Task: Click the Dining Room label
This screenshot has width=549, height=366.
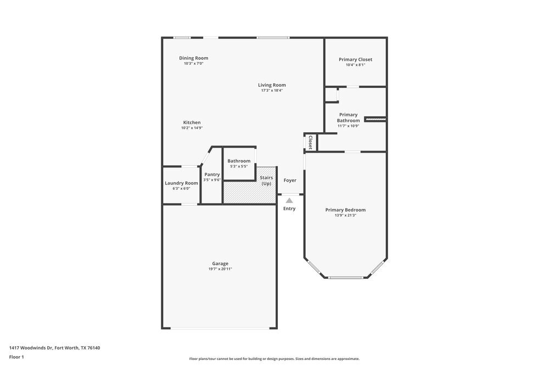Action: (x=193, y=58)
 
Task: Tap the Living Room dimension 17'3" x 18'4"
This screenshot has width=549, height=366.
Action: (x=272, y=91)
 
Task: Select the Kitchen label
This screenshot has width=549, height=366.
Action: (x=192, y=122)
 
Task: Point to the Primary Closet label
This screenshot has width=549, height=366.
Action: (x=355, y=59)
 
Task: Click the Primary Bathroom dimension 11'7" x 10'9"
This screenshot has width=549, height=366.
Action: (x=348, y=126)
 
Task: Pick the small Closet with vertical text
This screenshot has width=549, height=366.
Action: (x=310, y=143)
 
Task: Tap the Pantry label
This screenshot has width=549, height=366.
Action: (x=212, y=174)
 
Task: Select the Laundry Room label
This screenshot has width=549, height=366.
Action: (x=181, y=183)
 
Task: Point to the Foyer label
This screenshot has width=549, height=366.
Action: (x=290, y=180)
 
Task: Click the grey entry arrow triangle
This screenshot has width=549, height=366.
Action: (x=289, y=201)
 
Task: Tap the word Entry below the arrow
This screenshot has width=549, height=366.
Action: (x=289, y=209)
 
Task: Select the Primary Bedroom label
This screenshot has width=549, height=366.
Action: (x=345, y=210)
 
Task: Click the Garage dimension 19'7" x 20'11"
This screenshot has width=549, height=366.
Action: (x=220, y=269)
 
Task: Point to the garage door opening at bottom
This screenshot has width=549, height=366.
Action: (x=220, y=328)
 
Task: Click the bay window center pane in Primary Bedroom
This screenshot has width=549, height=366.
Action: (x=345, y=278)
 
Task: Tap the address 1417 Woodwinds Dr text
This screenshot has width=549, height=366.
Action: (x=54, y=347)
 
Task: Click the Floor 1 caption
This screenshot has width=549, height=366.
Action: (x=16, y=357)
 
